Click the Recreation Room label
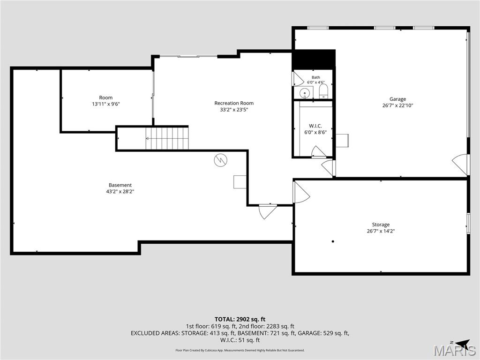[234, 103]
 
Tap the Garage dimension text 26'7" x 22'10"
[397, 105]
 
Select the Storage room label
[381, 225]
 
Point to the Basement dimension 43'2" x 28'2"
[120, 192]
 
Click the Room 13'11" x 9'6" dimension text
[106, 104]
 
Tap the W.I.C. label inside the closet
[315, 126]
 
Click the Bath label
[316, 77]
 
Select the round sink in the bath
[305, 93]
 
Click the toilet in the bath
[323, 91]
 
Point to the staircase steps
[167, 138]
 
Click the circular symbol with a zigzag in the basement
[220, 160]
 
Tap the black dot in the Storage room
[333, 241]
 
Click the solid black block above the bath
[314, 60]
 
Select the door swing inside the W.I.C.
[319, 152]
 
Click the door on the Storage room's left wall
[301, 192]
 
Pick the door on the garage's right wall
[460, 164]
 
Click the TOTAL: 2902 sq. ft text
[240, 320]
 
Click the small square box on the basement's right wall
[240, 182]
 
